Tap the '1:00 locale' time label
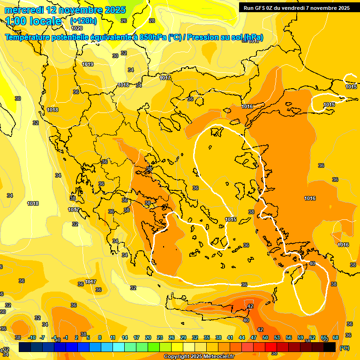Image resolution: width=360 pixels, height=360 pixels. [x=33, y=21]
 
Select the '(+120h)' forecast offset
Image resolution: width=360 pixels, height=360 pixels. [x=83, y=21]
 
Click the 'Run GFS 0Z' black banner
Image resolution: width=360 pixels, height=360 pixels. [x=297, y=8]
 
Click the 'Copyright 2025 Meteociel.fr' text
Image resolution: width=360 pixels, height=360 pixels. [x=199, y=357]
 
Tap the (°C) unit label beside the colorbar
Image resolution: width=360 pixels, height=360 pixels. [x=344, y=348]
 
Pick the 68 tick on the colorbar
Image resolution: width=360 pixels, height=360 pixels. [x=336, y=337]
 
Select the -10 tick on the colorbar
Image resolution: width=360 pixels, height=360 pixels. [x=32, y=337]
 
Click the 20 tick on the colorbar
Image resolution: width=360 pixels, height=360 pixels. [x=148, y=337]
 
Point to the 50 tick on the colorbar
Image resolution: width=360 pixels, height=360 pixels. [x=265, y=337]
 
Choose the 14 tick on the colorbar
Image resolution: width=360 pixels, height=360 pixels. [x=125, y=337]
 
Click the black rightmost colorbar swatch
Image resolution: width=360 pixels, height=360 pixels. [x=330, y=347]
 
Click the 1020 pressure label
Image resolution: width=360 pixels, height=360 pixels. [x=77, y=28]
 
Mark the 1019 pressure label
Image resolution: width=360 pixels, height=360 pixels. [x=88, y=64]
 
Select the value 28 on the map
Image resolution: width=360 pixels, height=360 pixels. [x=151, y=21]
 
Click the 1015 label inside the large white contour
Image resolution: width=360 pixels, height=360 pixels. [x=231, y=219]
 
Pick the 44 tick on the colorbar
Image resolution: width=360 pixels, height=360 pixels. [x=242, y=337]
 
